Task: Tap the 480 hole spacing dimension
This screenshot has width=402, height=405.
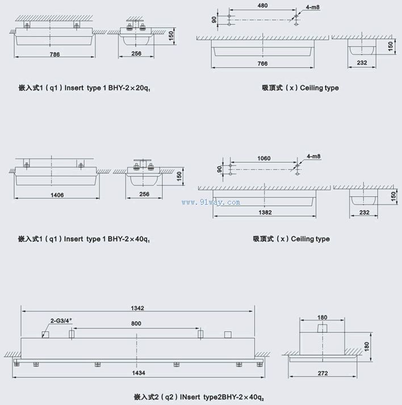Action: pyautogui.click(x=262, y=6)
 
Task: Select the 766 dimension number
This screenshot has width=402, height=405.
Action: pyautogui.click(x=262, y=64)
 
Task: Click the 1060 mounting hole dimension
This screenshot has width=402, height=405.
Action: pyautogui.click(x=264, y=159)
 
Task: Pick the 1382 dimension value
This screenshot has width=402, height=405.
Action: pyautogui.click(x=265, y=213)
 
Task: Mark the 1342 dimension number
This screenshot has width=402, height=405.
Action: pyautogui.click(x=137, y=309)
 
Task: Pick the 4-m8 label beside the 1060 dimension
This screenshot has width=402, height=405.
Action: pyautogui.click(x=313, y=156)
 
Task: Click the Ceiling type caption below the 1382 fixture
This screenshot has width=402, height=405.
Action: pyautogui.click(x=310, y=239)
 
